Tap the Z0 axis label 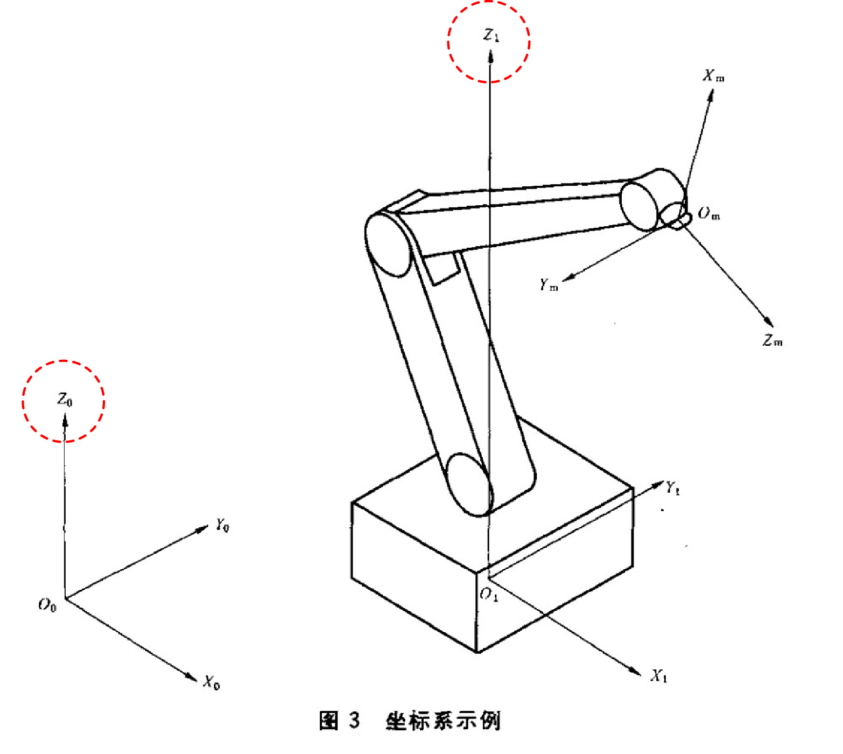pyautogui.click(x=65, y=400)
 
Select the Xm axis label pyautogui.click(x=713, y=76)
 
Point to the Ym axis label pyautogui.click(x=549, y=284)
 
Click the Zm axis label pyautogui.click(x=772, y=340)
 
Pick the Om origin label pyautogui.click(x=708, y=213)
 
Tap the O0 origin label pyautogui.click(x=47, y=605)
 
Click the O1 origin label pyautogui.click(x=489, y=594)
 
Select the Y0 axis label pyautogui.click(x=222, y=525)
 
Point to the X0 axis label pyautogui.click(x=211, y=682)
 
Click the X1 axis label pyautogui.click(x=659, y=676)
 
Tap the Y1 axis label pyautogui.click(x=673, y=488)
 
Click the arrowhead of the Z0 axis pyautogui.click(x=65, y=420)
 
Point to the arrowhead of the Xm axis pyautogui.click(x=710, y=95)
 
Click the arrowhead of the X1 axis pyautogui.click(x=635, y=671)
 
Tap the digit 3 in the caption pyautogui.click(x=354, y=720)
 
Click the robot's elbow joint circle pyautogui.click(x=388, y=245)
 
